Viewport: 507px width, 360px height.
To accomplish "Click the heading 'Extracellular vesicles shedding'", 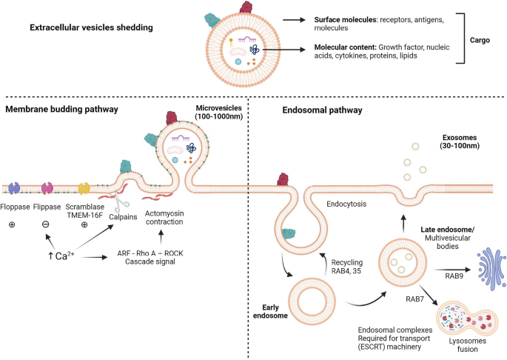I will point(91,29).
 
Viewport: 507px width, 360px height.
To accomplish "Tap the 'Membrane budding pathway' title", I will point(64,110).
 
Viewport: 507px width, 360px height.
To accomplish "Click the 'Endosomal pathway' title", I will point(322,110).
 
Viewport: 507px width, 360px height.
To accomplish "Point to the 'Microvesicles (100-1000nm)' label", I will point(219,113).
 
